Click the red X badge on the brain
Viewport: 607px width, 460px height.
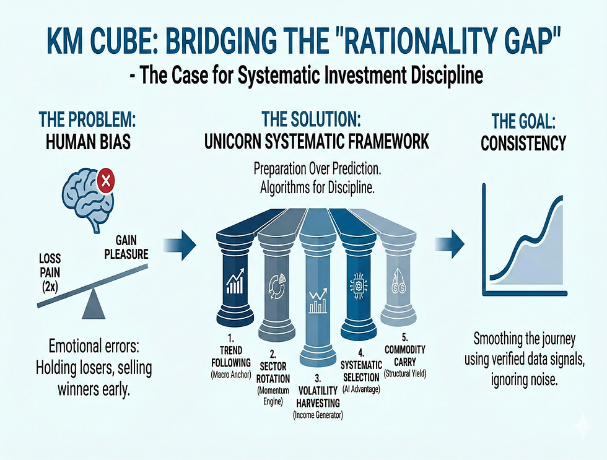pyautogui.click(x=106, y=181)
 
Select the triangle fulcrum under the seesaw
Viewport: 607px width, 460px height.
pyautogui.click(x=94, y=305)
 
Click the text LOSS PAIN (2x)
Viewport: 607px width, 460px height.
pyautogui.click(x=50, y=272)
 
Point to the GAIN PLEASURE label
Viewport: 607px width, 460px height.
pyautogui.click(x=126, y=247)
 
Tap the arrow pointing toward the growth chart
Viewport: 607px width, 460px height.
pyautogui.click(x=449, y=244)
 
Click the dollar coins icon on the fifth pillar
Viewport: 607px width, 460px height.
pyautogui.click(x=399, y=283)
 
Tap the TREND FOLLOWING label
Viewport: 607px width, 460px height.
pyautogui.click(x=231, y=357)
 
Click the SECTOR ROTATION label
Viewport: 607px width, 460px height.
pyautogui.click(x=273, y=372)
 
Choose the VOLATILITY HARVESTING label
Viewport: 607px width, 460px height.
pyautogui.click(x=318, y=397)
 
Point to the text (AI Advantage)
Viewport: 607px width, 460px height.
pyautogui.click(x=361, y=389)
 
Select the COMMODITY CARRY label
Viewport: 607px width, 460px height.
pyautogui.click(x=405, y=355)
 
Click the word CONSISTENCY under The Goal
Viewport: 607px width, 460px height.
pyautogui.click(x=523, y=144)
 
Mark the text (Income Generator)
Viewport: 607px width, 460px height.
pyautogui.click(x=318, y=415)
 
